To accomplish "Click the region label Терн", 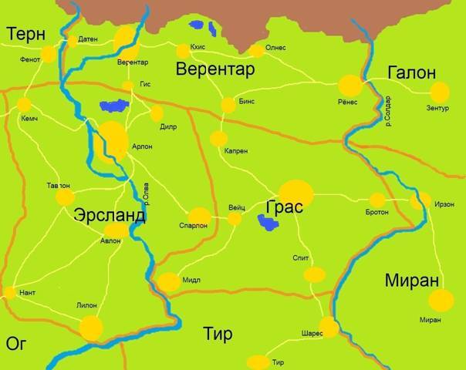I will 26,33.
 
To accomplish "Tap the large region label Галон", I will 411,72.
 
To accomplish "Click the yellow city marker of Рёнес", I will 350,86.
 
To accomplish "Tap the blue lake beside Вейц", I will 269,223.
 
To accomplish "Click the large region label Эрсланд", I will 109,215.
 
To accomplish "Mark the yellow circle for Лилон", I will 91,327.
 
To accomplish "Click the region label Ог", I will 16,343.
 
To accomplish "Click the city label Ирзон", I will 444,205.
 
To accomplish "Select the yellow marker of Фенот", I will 48,54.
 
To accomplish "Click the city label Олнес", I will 275,48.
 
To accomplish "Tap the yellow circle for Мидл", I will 167,282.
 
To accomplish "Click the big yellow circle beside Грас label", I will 295,193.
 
